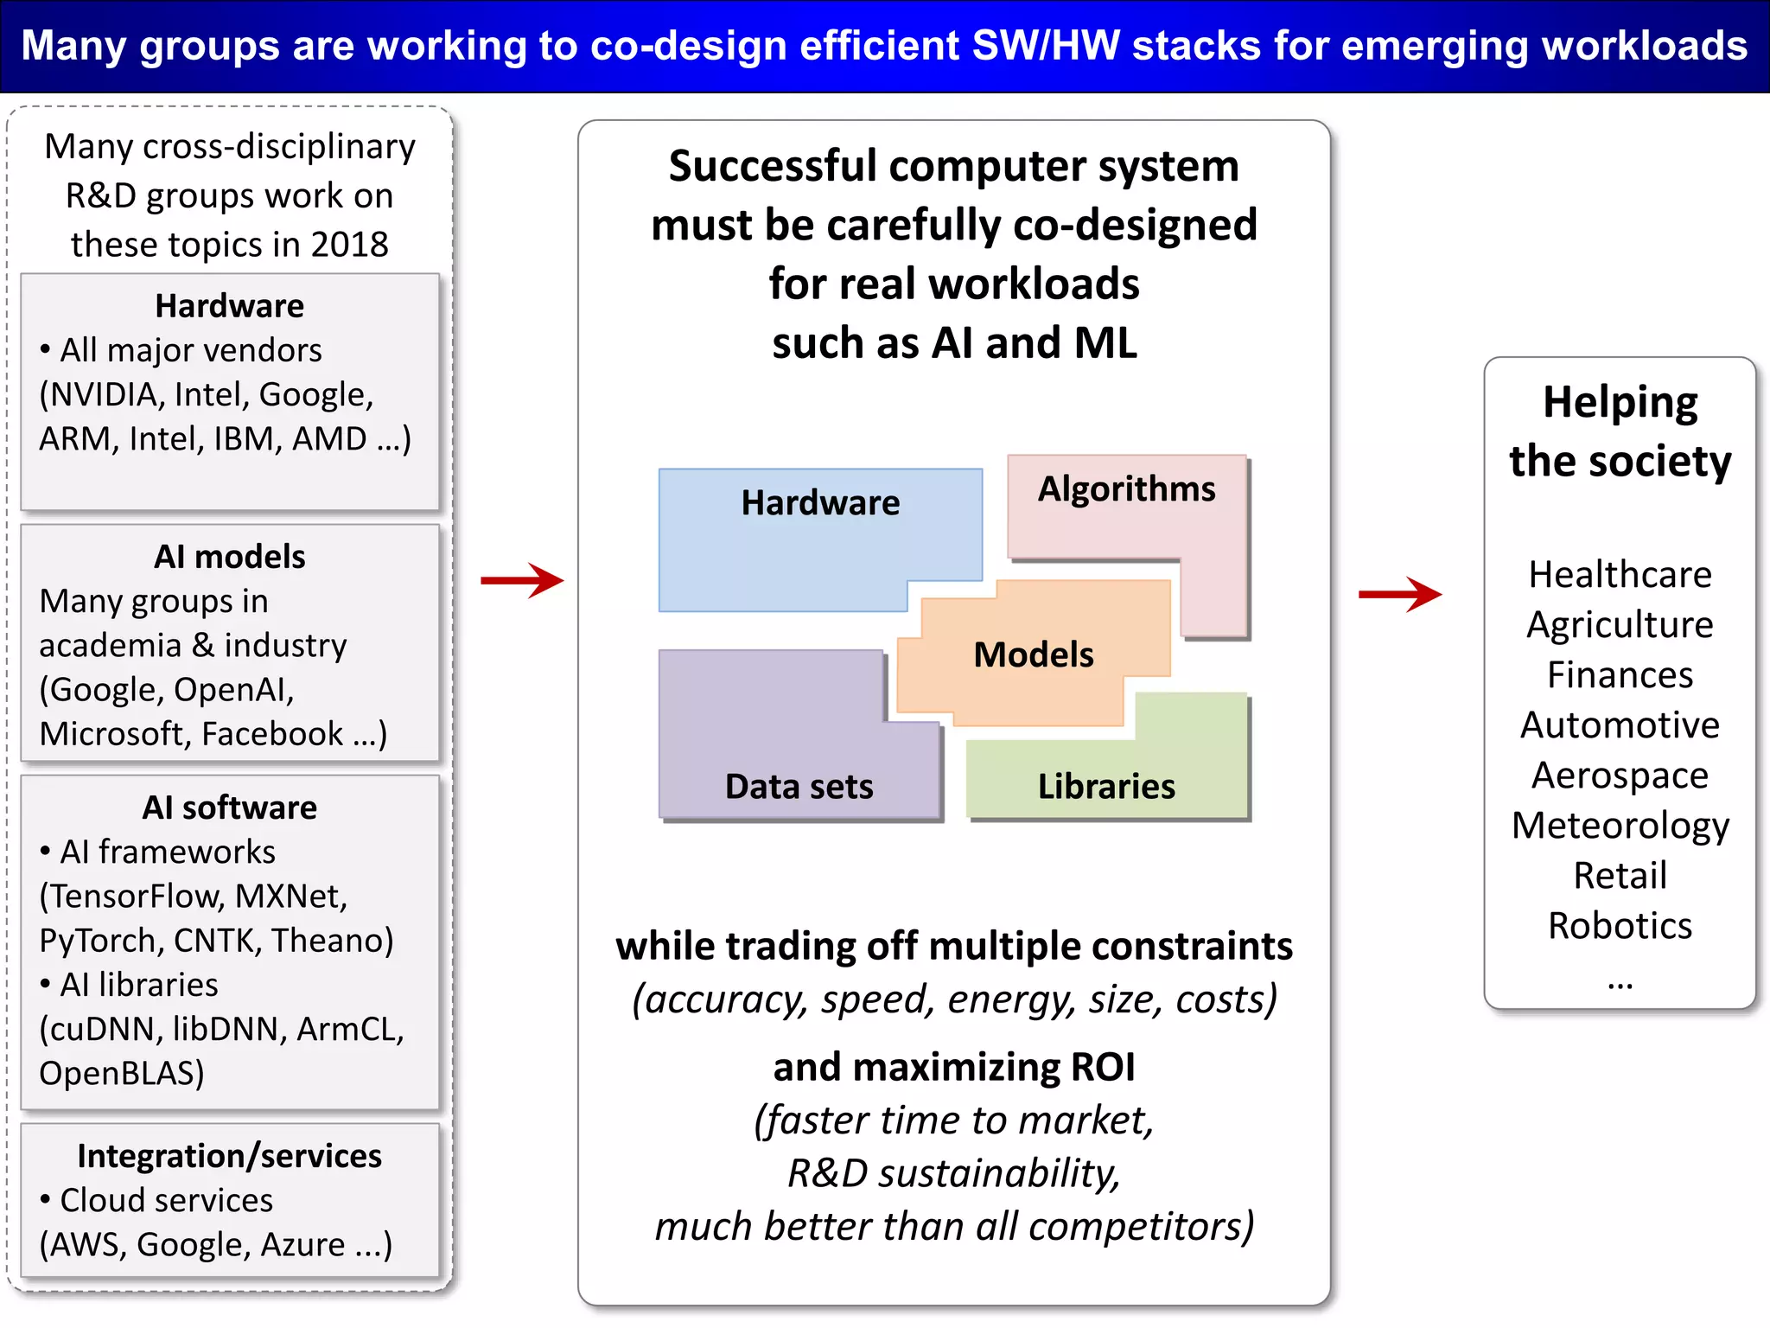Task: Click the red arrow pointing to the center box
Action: pyautogui.click(x=522, y=580)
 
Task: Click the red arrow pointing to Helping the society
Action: pyautogui.click(x=1399, y=594)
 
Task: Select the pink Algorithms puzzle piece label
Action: pyautogui.click(x=1126, y=489)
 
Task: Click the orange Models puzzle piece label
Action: pyautogui.click(x=1034, y=654)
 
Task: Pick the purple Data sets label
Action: pyautogui.click(x=799, y=787)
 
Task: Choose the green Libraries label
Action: pyautogui.click(x=1106, y=787)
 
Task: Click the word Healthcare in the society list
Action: pyautogui.click(x=1620, y=575)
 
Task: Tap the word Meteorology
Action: pyautogui.click(x=1620, y=826)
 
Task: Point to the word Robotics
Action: pyautogui.click(x=1620, y=926)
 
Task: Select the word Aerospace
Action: pyautogui.click(x=1620, y=776)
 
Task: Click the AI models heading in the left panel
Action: pyautogui.click(x=230, y=557)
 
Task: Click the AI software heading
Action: pyautogui.click(x=230, y=808)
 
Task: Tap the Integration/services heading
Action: pyautogui.click(x=230, y=1156)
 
